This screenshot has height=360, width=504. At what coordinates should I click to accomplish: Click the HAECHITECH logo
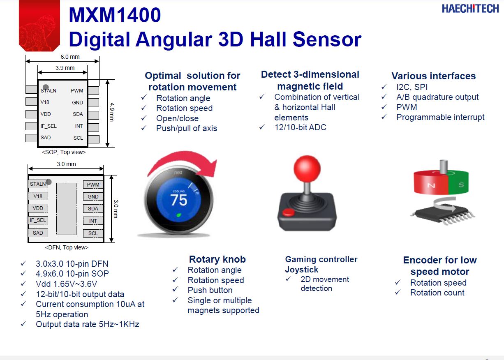click(x=470, y=9)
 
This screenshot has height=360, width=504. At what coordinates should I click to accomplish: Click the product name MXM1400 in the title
click(x=115, y=15)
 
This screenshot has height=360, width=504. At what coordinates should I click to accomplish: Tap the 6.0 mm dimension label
click(x=70, y=57)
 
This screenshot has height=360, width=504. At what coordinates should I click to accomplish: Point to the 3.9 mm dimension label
click(x=65, y=68)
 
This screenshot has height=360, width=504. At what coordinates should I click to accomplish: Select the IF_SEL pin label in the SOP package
click(x=49, y=126)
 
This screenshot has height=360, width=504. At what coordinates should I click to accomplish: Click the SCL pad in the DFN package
click(x=93, y=233)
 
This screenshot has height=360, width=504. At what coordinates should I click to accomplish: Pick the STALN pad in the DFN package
click(x=38, y=184)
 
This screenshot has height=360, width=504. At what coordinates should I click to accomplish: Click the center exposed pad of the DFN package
click(x=66, y=209)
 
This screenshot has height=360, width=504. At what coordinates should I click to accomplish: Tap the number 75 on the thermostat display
click(x=179, y=200)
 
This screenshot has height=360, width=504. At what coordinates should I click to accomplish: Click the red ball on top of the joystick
click(x=307, y=168)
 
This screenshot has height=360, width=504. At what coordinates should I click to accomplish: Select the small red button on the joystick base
click(x=288, y=212)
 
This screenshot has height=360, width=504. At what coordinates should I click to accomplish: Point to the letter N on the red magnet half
click(x=431, y=185)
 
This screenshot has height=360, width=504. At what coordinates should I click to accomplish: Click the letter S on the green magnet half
click(x=461, y=185)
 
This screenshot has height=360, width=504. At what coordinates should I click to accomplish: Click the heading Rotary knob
click(x=217, y=259)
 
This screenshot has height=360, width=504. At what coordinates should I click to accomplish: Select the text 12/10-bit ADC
click(x=301, y=127)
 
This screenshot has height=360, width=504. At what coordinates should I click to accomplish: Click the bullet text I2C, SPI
click(x=412, y=87)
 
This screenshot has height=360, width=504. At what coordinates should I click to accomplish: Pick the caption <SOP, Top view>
click(x=64, y=152)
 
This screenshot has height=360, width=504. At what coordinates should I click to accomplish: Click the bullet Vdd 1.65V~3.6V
click(x=66, y=284)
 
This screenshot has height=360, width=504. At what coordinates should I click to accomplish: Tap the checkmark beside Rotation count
click(x=398, y=292)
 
